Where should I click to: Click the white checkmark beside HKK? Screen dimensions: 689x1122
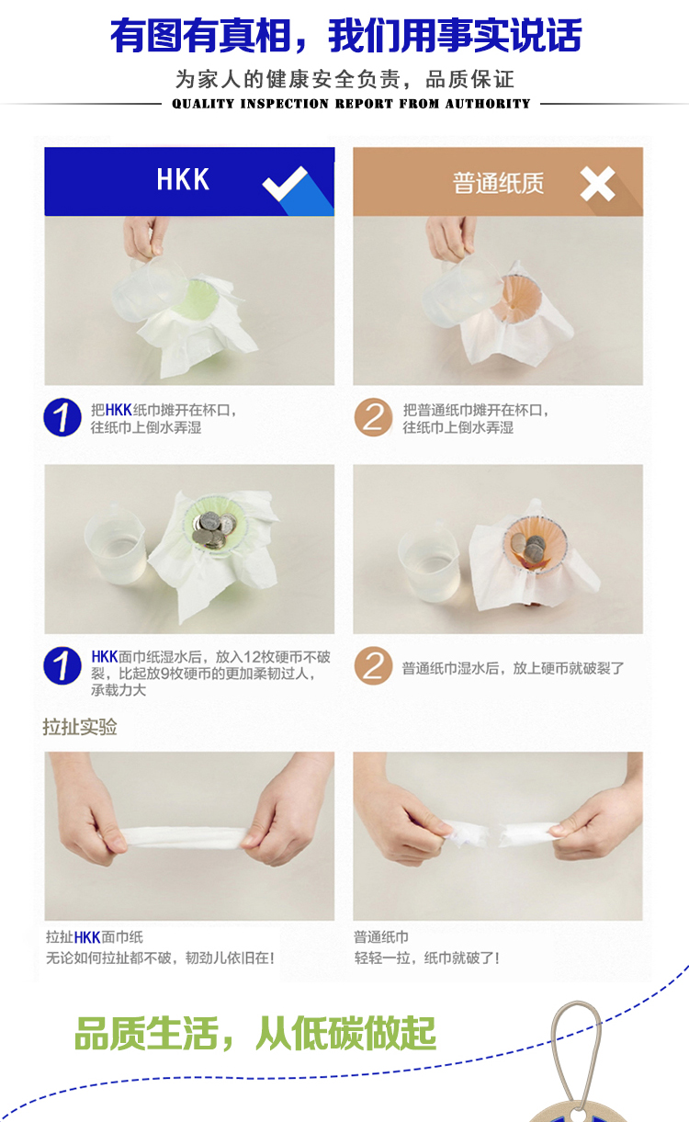[285, 183]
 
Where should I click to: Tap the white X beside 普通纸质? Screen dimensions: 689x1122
[597, 184]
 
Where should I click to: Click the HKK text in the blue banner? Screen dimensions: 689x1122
[183, 179]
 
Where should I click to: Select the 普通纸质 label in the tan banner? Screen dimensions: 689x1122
[498, 183]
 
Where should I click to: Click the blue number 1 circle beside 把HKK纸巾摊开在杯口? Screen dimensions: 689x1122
[62, 417]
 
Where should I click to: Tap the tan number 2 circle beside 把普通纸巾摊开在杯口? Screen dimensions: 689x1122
[373, 417]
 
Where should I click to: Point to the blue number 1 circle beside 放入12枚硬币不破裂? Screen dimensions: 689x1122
[62, 665]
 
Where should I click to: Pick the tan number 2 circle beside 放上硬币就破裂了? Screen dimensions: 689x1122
[373, 665]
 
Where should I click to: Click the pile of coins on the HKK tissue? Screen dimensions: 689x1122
[214, 531]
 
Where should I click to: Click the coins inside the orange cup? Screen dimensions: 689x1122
[530, 547]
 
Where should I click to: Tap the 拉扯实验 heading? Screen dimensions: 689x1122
[80, 727]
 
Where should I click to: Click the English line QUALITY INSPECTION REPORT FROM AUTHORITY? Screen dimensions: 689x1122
[351, 104]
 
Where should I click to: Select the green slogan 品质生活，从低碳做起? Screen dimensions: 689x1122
[255, 1034]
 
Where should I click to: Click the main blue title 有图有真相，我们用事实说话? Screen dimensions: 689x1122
[346, 35]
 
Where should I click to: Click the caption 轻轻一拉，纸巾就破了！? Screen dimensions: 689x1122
[426, 958]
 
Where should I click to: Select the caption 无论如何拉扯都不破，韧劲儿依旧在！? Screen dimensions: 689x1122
[160, 958]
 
